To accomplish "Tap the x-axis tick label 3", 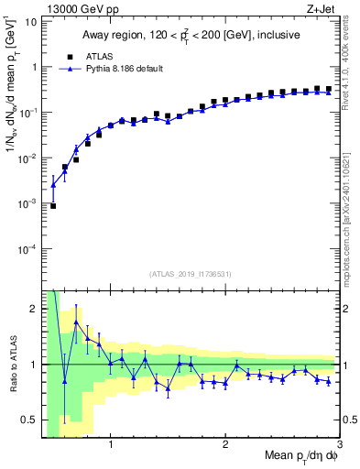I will point(339,445).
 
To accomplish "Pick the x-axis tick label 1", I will point(110,445).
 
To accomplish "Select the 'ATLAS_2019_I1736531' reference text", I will point(191,274).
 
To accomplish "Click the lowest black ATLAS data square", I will point(53,206).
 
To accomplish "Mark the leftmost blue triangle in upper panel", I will point(53,185).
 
